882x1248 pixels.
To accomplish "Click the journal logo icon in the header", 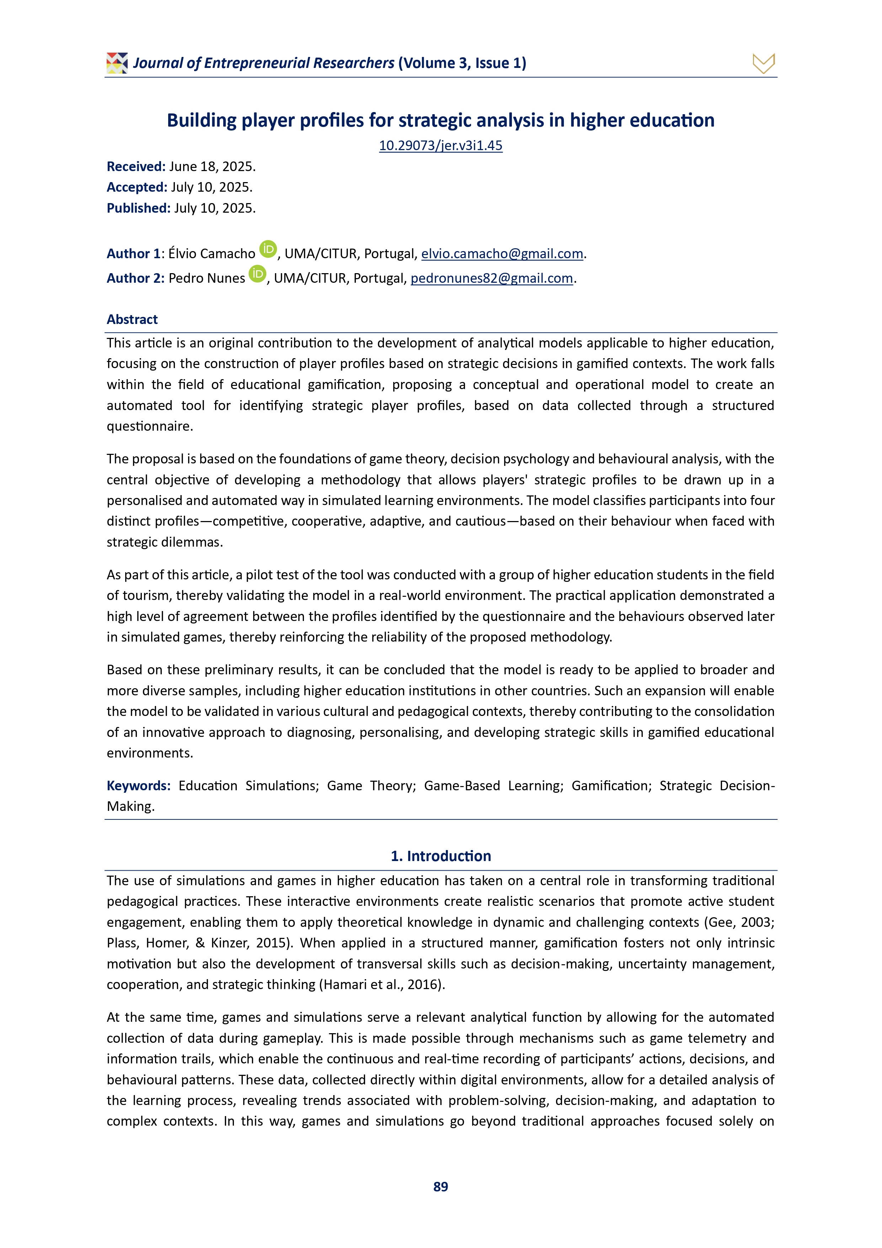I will [117, 63].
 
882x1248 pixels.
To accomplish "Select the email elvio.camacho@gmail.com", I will [502, 254].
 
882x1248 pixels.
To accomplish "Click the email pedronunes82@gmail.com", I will [491, 278].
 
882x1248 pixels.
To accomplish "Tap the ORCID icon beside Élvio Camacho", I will [268, 249].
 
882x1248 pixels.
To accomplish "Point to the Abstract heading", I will [132, 320].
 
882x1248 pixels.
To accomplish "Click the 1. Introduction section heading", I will [441, 856].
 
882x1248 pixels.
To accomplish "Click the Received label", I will [136, 167].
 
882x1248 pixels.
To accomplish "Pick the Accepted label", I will [137, 187].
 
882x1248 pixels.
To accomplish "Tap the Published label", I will [139, 208].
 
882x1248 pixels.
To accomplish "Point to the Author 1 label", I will [134, 254].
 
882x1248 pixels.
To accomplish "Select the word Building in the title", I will [202, 121].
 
